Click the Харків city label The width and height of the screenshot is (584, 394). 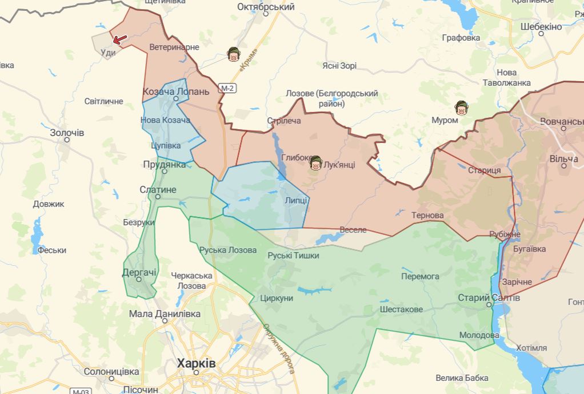click(196, 363)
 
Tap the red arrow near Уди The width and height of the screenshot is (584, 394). click(120, 39)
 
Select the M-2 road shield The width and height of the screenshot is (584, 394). click(228, 88)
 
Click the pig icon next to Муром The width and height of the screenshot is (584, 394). click(461, 108)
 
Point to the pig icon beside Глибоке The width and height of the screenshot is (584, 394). click(315, 164)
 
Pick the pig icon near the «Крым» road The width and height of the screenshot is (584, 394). click(233, 55)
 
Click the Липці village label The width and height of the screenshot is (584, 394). click(296, 201)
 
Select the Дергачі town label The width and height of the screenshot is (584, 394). click(139, 273)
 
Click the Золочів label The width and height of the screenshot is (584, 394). click(67, 133)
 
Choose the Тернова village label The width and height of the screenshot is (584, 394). click(427, 216)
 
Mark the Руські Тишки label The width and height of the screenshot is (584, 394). click(293, 256)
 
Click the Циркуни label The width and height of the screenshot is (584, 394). click(276, 298)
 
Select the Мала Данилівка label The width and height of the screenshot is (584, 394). click(165, 314)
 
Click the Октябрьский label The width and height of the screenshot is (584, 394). click(266, 7)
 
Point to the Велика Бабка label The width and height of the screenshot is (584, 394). click(462, 377)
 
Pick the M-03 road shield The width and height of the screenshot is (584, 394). click(80, 392)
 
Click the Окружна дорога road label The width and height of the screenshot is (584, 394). click(279, 349)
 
